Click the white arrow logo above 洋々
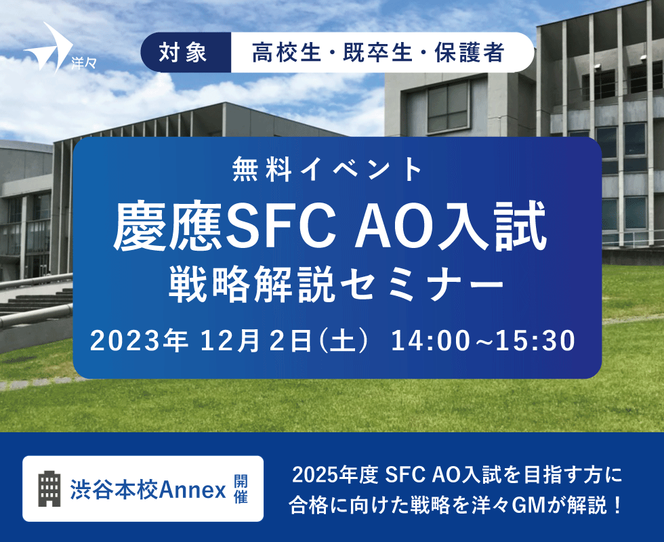point(51,47)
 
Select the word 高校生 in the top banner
point(286,53)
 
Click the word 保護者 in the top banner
point(470,53)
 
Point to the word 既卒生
point(377,53)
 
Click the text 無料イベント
point(327,169)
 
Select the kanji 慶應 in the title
point(169,226)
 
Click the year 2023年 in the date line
point(139,341)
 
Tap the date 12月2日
point(257,341)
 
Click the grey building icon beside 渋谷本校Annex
point(49,489)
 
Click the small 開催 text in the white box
point(241,489)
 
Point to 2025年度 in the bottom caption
point(335,475)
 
